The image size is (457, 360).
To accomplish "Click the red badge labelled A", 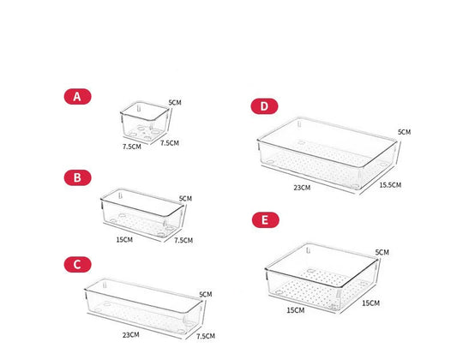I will click(77, 97).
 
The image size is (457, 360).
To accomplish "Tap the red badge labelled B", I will click(77, 177).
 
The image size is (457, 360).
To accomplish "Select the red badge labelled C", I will click(77, 264).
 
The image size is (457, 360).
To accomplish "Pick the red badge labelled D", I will click(265, 106).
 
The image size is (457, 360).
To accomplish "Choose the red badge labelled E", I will click(266, 220).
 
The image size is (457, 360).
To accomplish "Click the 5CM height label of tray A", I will click(175, 103).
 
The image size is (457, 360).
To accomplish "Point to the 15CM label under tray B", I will click(123, 239).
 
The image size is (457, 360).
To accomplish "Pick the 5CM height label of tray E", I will click(382, 252).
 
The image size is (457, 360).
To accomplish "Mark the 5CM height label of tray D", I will click(404, 132).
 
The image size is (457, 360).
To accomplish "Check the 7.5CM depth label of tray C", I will click(206, 336).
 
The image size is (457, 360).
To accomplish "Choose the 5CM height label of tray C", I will click(205, 296).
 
